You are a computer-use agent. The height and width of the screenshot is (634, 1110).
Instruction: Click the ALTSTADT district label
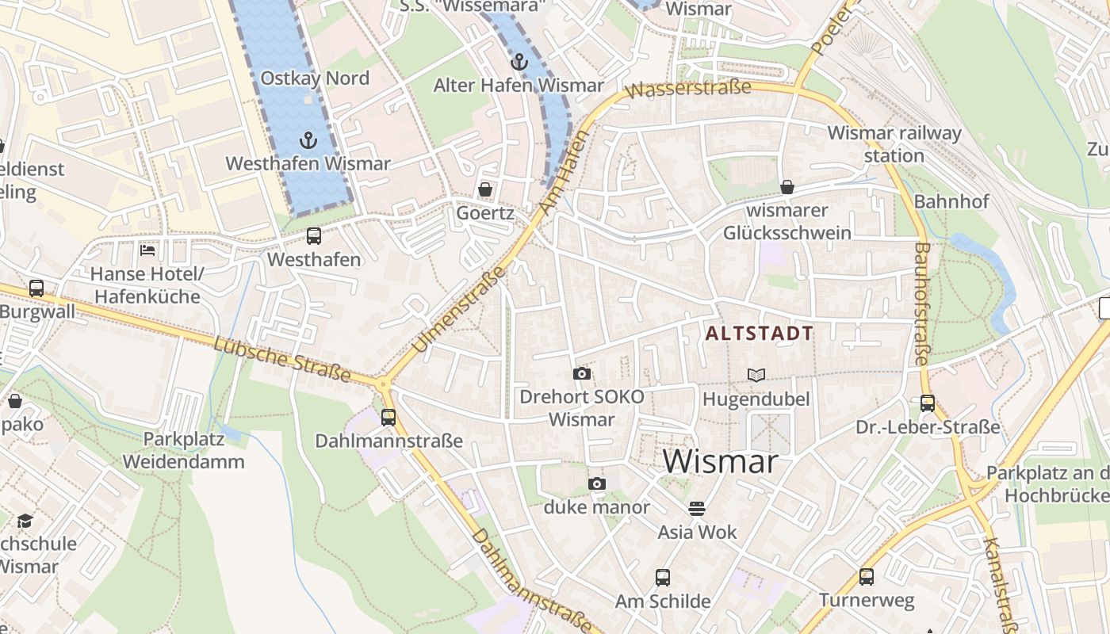coord(759,334)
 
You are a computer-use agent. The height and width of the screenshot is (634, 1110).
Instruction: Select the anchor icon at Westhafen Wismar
coord(308,141)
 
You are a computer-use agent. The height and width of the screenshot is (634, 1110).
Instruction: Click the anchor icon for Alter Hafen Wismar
coord(519,61)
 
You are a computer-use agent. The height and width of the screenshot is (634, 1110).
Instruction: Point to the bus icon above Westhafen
coord(314,235)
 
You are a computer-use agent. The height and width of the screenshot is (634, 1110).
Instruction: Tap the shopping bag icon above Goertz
coord(484,189)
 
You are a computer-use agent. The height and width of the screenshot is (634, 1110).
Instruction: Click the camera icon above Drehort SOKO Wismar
coord(581,373)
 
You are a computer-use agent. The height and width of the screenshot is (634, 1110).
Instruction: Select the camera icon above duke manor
coord(596,483)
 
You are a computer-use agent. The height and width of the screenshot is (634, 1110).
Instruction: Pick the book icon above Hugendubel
coord(756,375)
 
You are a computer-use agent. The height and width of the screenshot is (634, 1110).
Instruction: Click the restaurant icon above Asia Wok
coord(697,508)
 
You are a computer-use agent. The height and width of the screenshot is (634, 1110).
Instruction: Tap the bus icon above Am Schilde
coord(662,578)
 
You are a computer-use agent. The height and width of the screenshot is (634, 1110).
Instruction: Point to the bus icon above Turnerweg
coord(866,577)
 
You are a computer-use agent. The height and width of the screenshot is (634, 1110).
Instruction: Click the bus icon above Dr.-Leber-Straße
coord(927,403)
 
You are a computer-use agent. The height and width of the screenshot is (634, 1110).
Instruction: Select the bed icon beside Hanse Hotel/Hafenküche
coord(147,250)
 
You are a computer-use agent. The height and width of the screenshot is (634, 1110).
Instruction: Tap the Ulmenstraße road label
coord(459,309)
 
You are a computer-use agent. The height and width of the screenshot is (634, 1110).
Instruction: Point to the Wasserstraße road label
coord(687,89)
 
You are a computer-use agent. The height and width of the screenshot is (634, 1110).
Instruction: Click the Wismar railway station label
coord(894,144)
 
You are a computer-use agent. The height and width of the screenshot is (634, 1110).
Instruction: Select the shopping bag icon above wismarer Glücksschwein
coord(787,187)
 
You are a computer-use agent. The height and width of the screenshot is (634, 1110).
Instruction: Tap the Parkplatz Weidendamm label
coord(183,449)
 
